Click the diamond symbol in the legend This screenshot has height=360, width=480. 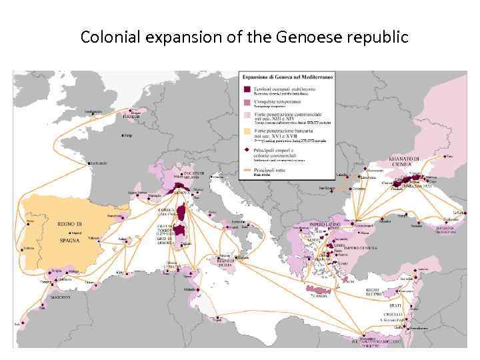247,151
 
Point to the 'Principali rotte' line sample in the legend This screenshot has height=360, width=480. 247,171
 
